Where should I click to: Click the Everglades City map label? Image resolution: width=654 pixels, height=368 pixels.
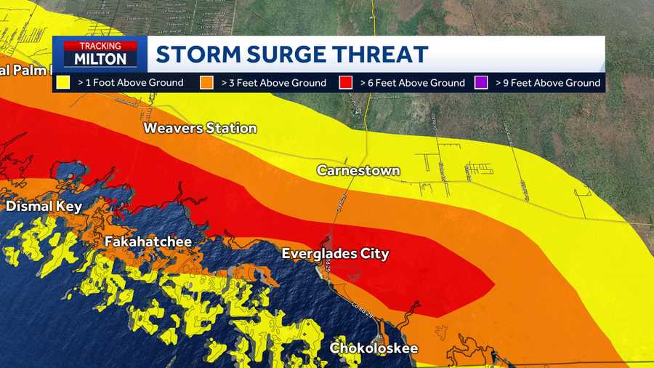(x=336, y=254)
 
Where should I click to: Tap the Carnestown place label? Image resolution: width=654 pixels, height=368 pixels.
(x=358, y=170)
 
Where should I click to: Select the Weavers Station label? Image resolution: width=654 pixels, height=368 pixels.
(x=200, y=128)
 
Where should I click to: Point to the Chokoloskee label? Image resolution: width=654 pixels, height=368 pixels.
(x=374, y=348)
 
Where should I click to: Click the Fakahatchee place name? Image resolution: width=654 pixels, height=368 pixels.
(x=148, y=241)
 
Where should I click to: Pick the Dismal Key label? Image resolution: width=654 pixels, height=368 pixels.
(x=44, y=207)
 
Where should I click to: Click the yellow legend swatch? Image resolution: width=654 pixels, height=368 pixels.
(x=63, y=83)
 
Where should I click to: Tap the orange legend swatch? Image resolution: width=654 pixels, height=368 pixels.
(x=207, y=83)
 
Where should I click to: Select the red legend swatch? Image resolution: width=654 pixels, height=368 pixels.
(x=346, y=83)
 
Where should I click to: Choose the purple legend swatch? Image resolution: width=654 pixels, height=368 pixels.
(x=481, y=83)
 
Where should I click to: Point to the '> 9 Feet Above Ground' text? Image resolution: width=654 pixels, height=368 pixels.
(x=548, y=83)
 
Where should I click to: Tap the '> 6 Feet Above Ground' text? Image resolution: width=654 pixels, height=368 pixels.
(x=412, y=83)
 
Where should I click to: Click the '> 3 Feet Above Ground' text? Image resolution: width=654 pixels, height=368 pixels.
(x=273, y=83)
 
